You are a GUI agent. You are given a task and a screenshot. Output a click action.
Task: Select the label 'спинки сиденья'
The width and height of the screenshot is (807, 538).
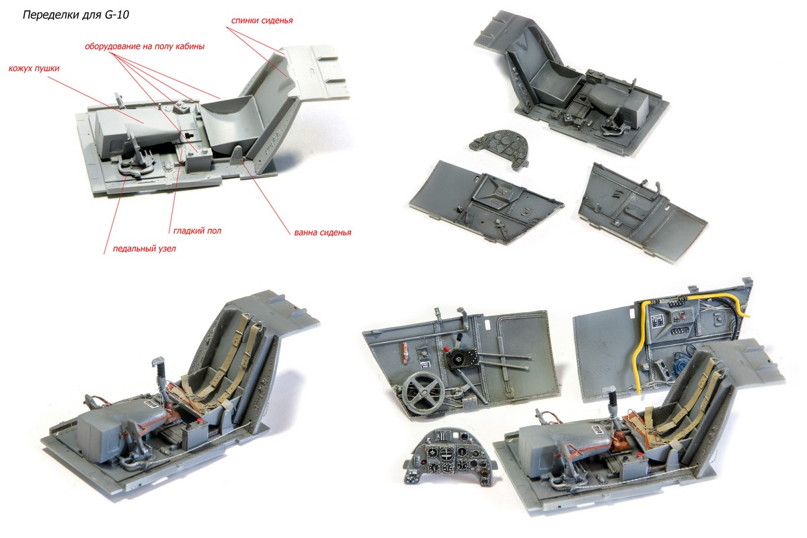[262, 21]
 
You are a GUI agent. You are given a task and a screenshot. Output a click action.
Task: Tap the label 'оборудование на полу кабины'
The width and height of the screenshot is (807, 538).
[144, 47]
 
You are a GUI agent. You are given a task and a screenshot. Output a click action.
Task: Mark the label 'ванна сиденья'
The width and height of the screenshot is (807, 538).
[322, 233]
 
